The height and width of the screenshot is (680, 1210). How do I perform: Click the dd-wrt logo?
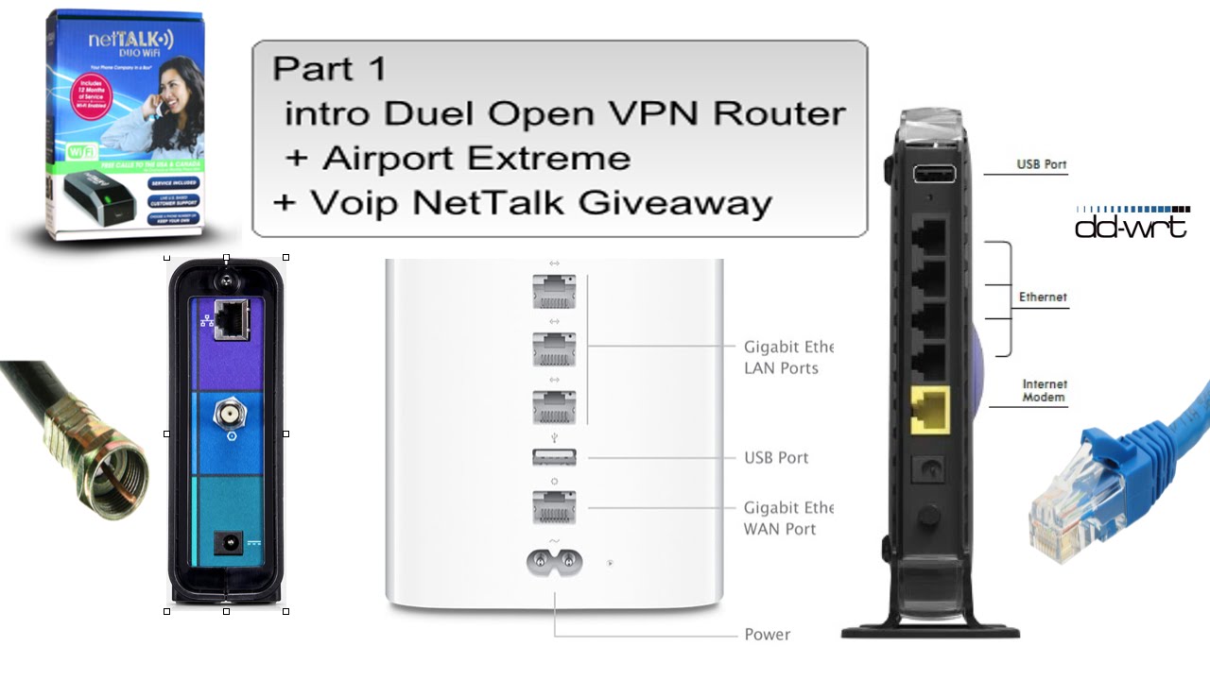[x=1132, y=222]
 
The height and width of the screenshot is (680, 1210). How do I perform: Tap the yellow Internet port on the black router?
[x=929, y=409]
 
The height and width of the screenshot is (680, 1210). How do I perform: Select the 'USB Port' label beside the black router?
[x=1042, y=165]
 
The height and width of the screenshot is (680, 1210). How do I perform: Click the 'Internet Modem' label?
[x=1044, y=391]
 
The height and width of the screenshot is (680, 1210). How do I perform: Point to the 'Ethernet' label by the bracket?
[x=1043, y=297]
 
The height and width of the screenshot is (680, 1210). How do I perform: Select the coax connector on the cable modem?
[x=226, y=413]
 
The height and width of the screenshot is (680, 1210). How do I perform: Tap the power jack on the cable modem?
[x=227, y=543]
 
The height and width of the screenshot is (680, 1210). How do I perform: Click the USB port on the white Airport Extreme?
[x=554, y=457]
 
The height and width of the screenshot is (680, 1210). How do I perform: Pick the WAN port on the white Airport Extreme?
[x=554, y=507]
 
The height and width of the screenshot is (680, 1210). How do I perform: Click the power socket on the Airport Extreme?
[x=554, y=563]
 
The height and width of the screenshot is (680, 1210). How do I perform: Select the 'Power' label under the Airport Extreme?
[x=767, y=635]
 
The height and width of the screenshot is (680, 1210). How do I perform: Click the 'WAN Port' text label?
[x=780, y=529]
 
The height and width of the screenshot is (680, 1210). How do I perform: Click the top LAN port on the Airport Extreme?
[x=554, y=293]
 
